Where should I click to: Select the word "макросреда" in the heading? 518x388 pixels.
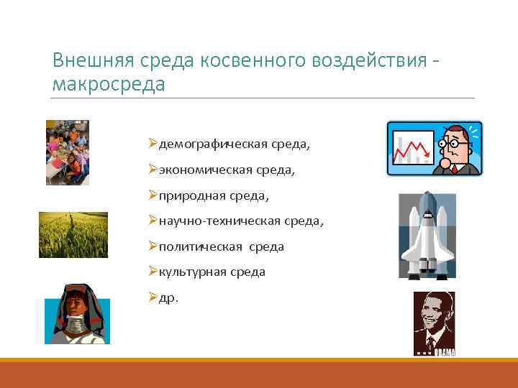[x=109, y=84]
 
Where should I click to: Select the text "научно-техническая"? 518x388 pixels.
[x=216, y=221]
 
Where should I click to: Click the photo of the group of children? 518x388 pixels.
[x=68, y=152]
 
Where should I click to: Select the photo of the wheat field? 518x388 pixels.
[x=73, y=235]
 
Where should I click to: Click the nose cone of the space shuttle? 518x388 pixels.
[x=427, y=198]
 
